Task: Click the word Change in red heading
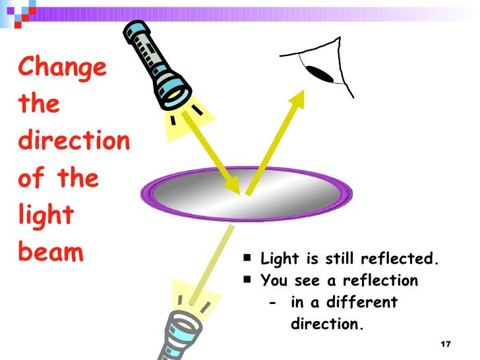pyautogui.click(x=63, y=67)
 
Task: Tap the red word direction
pyautogui.click(x=74, y=141)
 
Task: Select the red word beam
pyautogui.click(x=52, y=253)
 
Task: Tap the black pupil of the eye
pyautogui.click(x=321, y=73)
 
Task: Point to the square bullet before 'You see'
pyautogui.click(x=246, y=280)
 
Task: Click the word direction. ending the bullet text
pyautogui.click(x=327, y=324)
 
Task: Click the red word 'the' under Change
pyautogui.click(x=40, y=105)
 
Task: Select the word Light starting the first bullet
pyautogui.click(x=278, y=259)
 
